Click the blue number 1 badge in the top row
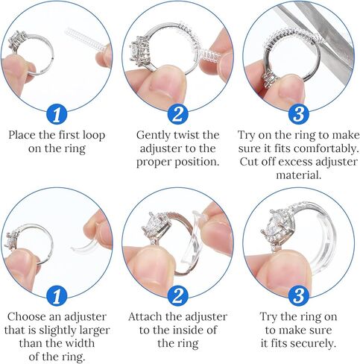pyautogui.click(x=57, y=114)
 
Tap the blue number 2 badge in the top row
pyautogui.click(x=178, y=114)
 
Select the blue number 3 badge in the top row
pyautogui.click(x=299, y=114)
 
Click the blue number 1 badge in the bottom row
pyautogui.click(x=57, y=296)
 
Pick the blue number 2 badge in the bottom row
pyautogui.click(x=178, y=296)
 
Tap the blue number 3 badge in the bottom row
pyautogui.click(x=299, y=296)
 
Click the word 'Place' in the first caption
pyautogui.click(x=22, y=135)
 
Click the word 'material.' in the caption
pyautogui.click(x=299, y=175)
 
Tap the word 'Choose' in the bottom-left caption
pyautogui.click(x=27, y=317)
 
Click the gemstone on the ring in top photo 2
pyautogui.click(x=139, y=51)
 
